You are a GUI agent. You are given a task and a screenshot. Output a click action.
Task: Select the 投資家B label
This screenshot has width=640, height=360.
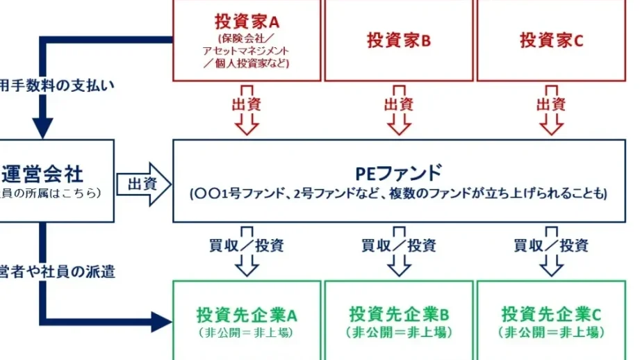click(x=399, y=40)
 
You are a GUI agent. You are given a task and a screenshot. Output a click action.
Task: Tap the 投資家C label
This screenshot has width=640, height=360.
click(x=552, y=40)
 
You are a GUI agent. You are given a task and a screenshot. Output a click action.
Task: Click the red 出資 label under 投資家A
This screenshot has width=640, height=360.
click(x=245, y=104)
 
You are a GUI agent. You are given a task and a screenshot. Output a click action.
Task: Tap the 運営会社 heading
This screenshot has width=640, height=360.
click(x=51, y=172)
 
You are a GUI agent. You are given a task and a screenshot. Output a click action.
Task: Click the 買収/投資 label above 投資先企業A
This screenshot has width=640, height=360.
click(x=246, y=245)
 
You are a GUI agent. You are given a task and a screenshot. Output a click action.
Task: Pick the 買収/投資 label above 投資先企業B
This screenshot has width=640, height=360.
click(x=399, y=245)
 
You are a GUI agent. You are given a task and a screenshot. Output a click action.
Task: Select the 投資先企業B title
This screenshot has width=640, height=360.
click(x=399, y=314)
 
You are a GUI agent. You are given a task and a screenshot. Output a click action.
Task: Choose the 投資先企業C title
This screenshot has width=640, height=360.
click(x=552, y=314)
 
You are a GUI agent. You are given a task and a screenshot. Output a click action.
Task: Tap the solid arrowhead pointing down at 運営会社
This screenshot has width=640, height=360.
click(x=43, y=126)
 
